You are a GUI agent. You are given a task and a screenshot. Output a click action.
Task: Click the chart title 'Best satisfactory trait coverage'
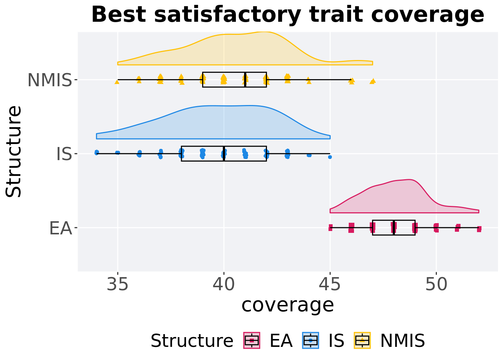pos(288,15)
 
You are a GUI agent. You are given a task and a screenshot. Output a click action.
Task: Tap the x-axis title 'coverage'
pos(288,304)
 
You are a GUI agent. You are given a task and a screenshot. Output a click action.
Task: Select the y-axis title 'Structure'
pos(14,151)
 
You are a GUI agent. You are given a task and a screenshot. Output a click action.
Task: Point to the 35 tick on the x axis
pos(118,285)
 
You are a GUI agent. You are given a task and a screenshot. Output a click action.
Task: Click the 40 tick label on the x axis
pos(224,285)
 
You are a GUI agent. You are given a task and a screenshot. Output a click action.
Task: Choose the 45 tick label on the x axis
pos(330,285)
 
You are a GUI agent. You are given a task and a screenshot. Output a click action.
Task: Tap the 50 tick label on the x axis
pos(436,285)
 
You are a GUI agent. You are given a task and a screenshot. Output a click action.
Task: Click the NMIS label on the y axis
pos(49,80)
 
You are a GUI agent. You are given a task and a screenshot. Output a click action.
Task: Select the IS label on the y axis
pos(64,154)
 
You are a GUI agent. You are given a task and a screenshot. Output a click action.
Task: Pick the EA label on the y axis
pos(60,228)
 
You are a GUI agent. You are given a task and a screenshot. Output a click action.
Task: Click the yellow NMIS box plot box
pos(234,79)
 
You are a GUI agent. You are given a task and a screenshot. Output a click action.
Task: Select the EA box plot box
pos(394,228)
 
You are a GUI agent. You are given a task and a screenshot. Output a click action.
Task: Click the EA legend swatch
pos(252,340)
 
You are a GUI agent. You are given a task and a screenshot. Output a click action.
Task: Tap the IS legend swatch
pos(310,340)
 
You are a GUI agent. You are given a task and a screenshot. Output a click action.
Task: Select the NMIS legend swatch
pos(362,340)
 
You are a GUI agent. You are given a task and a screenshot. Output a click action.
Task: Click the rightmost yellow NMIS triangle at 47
pos(373,81)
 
